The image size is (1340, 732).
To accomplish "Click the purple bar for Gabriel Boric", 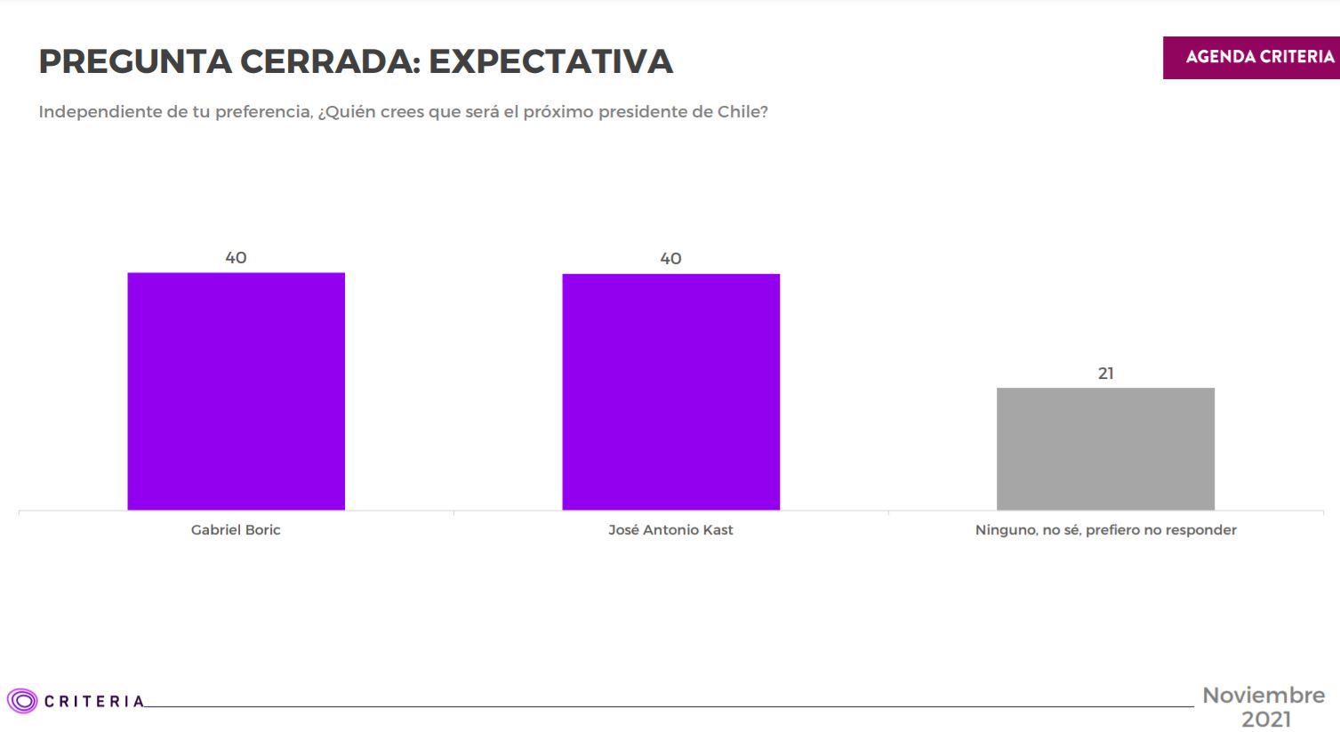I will click(236, 391).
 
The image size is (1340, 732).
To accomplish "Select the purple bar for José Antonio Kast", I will click(670, 391).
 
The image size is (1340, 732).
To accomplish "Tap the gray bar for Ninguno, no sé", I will click(1105, 448).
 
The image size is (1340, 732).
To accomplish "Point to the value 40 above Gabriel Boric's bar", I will click(236, 258).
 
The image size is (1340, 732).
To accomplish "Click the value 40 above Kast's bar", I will click(670, 259).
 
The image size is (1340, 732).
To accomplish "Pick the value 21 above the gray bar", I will click(1105, 374).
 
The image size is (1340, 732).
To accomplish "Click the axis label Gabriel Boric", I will click(236, 530).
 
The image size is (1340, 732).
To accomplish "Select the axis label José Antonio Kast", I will click(670, 530).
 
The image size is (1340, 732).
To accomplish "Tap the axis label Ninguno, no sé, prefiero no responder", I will click(1105, 530).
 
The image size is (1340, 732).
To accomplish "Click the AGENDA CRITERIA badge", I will click(1259, 57).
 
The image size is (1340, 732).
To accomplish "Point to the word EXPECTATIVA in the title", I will click(550, 61).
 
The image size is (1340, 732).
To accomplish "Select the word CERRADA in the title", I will click(330, 61).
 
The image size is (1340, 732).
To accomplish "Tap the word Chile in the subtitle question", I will click(742, 112).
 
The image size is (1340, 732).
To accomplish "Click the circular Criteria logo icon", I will click(22, 701).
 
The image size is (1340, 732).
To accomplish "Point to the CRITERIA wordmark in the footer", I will click(93, 702).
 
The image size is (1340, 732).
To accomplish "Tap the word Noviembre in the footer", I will click(1264, 696).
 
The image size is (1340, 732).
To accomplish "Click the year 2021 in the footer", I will click(1265, 719).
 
